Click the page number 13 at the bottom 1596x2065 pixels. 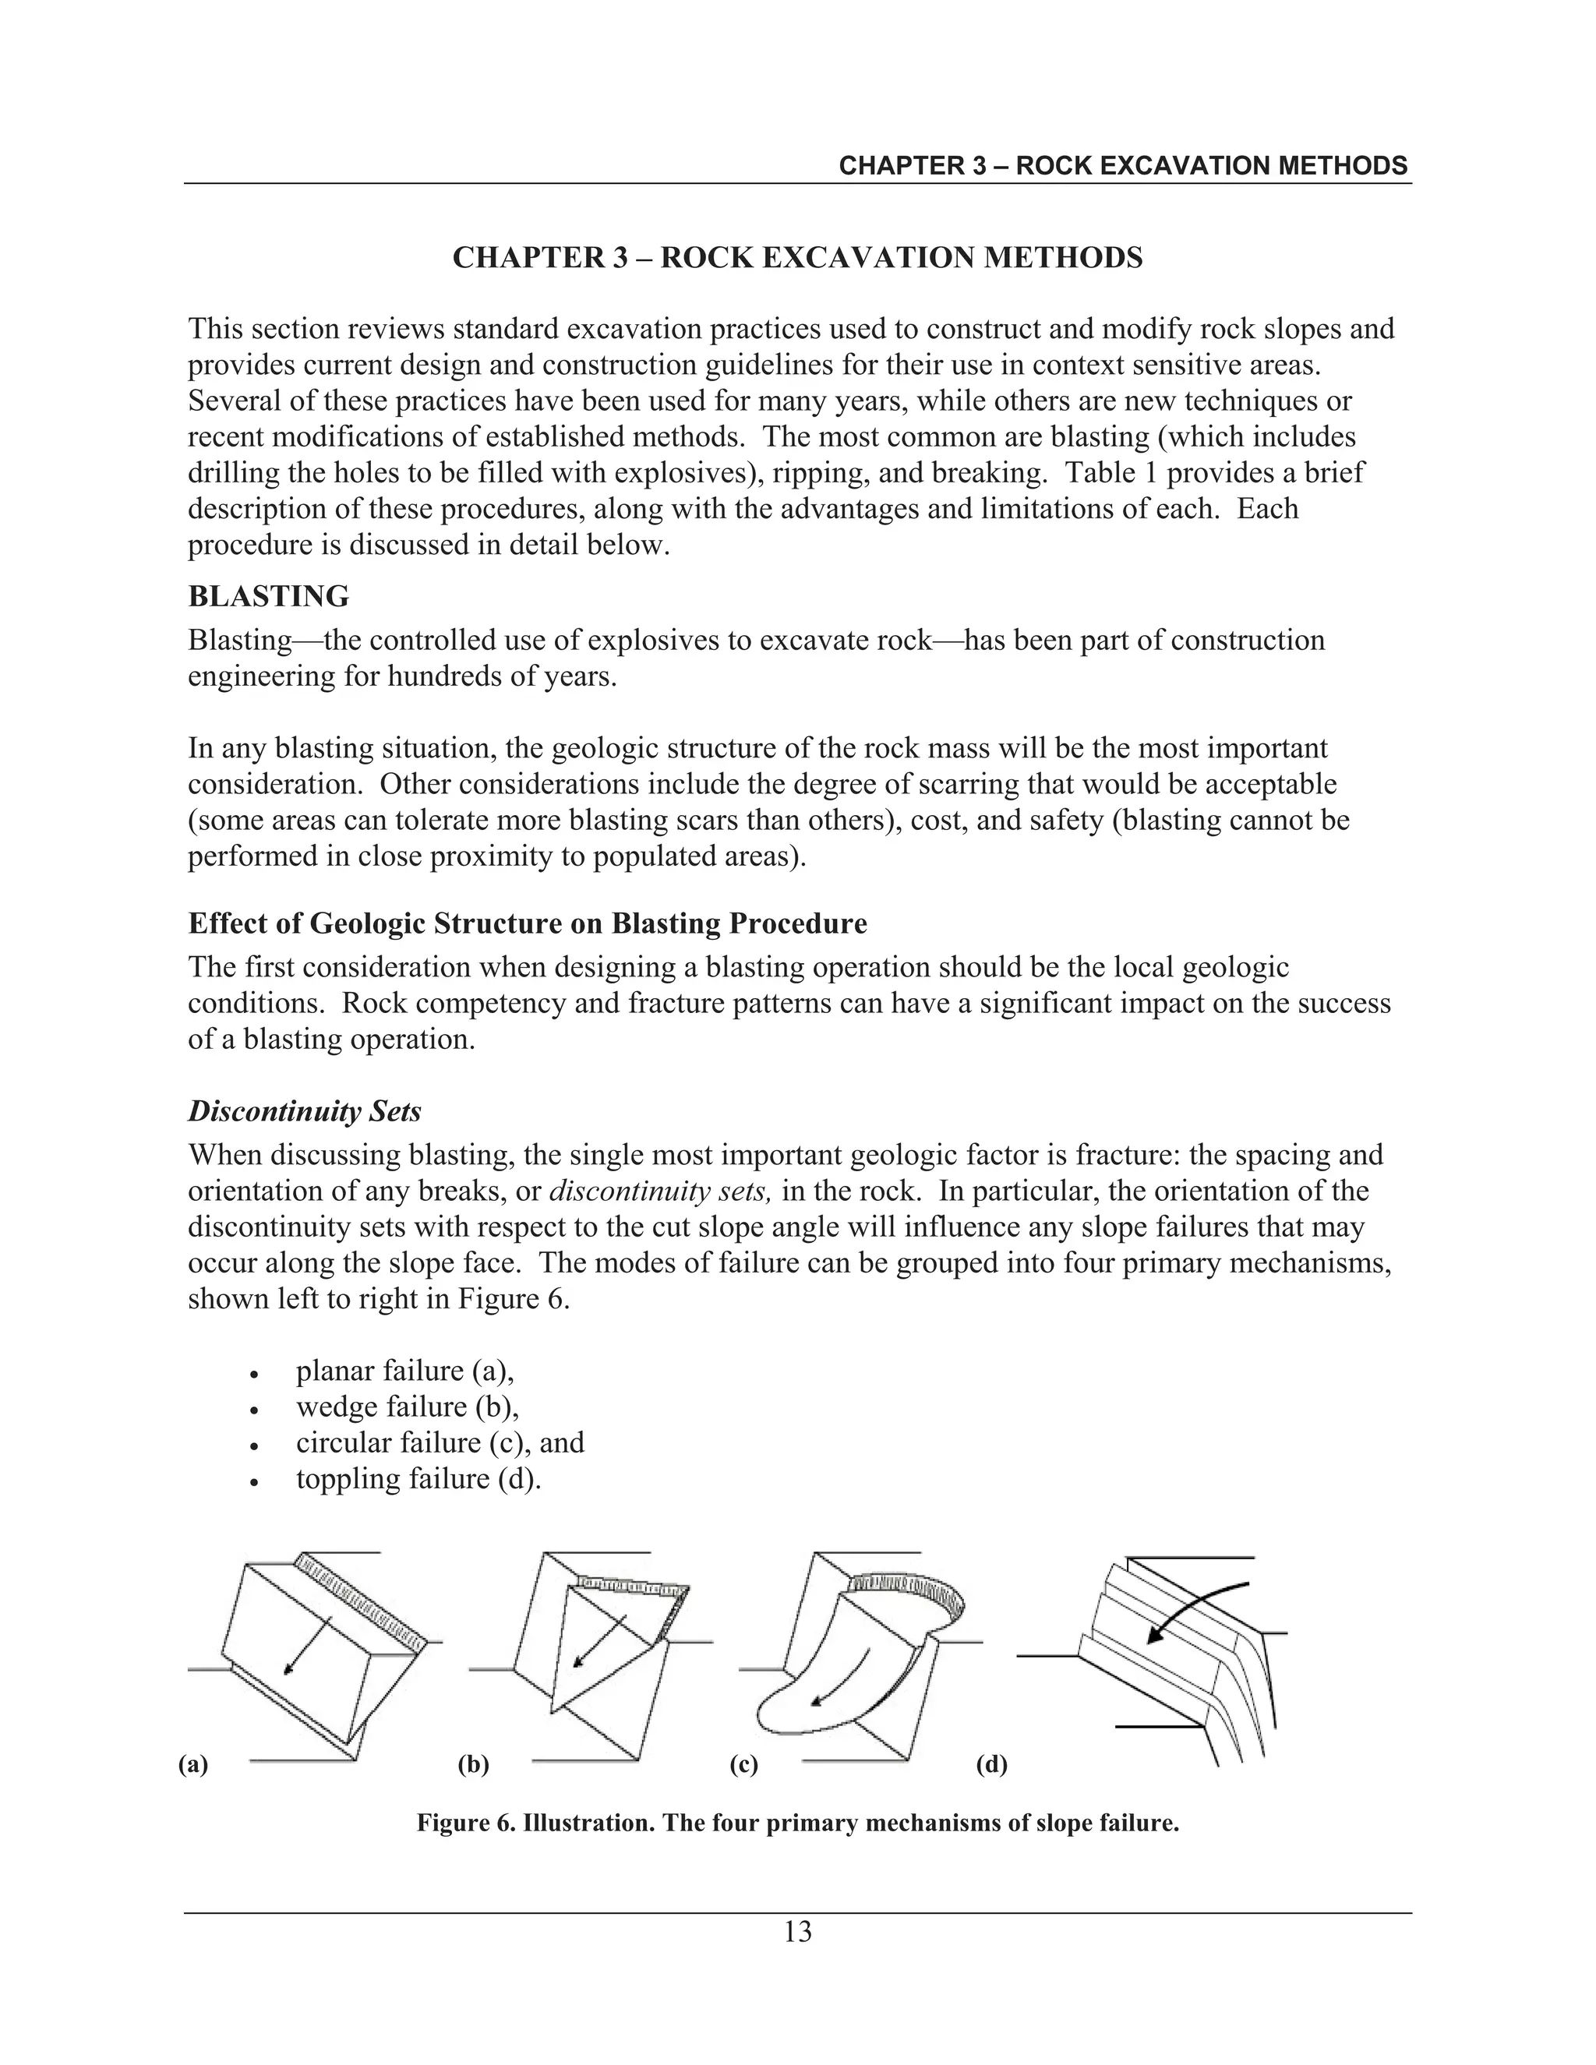(x=797, y=1933)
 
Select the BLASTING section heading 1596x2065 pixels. (x=269, y=597)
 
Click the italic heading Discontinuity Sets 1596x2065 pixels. (x=305, y=1111)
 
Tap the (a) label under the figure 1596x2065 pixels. (x=193, y=1764)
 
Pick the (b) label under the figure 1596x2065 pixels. (x=473, y=1764)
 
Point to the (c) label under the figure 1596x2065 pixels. (x=744, y=1764)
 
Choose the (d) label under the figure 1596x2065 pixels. (x=991, y=1764)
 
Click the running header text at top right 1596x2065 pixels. (x=1122, y=167)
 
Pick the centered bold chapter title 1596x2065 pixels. (x=797, y=257)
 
